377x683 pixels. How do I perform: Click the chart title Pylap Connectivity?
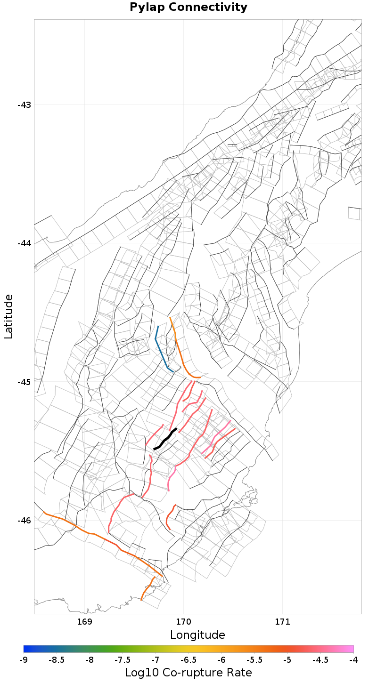pyautogui.click(x=188, y=8)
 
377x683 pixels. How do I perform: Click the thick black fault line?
pyautogui.click(x=165, y=439)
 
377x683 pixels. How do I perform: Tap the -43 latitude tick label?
pyautogui.click(x=24, y=105)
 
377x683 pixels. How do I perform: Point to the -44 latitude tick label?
pyautogui.click(x=24, y=243)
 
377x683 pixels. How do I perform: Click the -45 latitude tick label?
pyautogui.click(x=24, y=382)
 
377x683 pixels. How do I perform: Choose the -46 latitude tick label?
pyautogui.click(x=24, y=521)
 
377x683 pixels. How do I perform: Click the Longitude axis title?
pyautogui.click(x=197, y=635)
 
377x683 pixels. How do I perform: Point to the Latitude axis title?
pyautogui.click(x=8, y=316)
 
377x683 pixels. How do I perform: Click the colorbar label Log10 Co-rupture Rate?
pyautogui.click(x=188, y=673)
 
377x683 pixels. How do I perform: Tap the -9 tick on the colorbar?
pyautogui.click(x=24, y=660)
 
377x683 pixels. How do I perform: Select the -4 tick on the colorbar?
pyautogui.click(x=353, y=660)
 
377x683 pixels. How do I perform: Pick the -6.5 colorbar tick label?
pyautogui.click(x=188, y=660)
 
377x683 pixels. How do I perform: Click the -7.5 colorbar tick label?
pyautogui.click(x=123, y=660)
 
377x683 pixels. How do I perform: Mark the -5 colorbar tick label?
pyautogui.click(x=287, y=660)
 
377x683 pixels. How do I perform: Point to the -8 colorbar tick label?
pyautogui.click(x=90, y=660)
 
